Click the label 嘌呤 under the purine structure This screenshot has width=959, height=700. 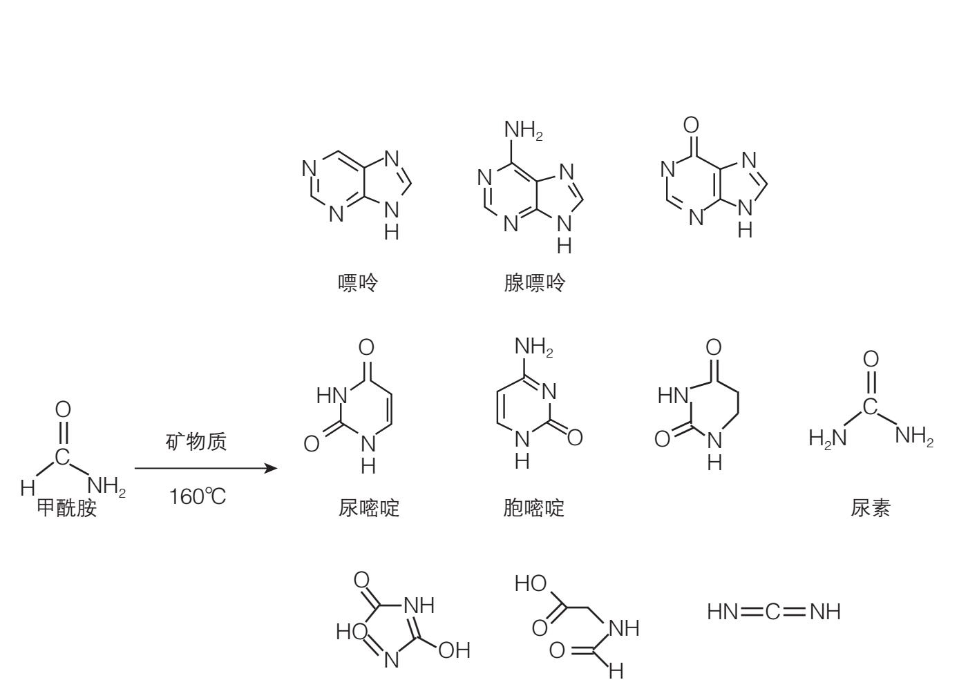358,283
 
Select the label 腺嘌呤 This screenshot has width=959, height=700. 534,283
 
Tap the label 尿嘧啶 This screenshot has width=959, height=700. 369,509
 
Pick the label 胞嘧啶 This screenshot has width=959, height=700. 534,509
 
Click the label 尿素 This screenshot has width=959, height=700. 871,509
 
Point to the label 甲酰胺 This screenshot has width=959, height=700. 66,509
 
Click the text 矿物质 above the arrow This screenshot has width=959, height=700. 196,442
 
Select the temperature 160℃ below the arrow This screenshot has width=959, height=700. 198,496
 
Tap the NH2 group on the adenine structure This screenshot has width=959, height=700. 523,130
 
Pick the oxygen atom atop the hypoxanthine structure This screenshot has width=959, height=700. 691,126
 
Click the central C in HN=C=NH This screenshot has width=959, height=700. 774,612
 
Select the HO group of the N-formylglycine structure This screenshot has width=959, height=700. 531,585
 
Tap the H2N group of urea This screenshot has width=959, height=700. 827,438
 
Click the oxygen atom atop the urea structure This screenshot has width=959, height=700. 871,359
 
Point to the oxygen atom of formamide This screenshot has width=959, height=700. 63,410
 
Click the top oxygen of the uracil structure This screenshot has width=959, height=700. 367,347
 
